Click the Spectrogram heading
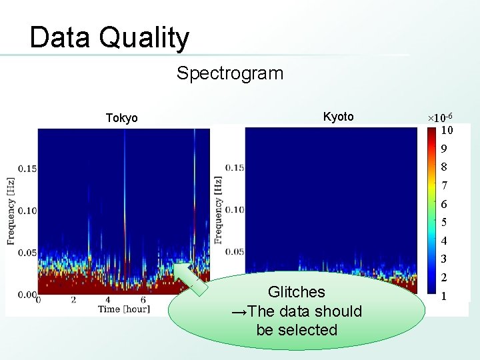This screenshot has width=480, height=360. tap(229, 73)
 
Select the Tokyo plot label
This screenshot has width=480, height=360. tap(122, 118)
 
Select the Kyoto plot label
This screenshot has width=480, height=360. tap(338, 117)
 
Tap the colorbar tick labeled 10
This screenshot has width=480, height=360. tap(447, 130)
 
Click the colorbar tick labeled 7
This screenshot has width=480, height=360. tap(444, 185)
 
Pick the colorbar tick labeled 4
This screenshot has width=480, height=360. tap(444, 241)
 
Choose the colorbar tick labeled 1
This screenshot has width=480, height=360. tap(444, 295)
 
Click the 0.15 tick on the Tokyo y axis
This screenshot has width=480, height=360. tap(27, 168)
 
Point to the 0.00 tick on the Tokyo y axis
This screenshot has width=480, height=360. tap(27, 294)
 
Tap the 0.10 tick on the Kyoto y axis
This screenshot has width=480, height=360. tap(235, 209)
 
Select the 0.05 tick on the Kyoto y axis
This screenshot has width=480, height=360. tap(235, 251)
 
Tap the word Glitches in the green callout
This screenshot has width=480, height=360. tap(296, 292)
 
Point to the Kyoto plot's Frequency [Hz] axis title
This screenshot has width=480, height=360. tap(218, 210)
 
